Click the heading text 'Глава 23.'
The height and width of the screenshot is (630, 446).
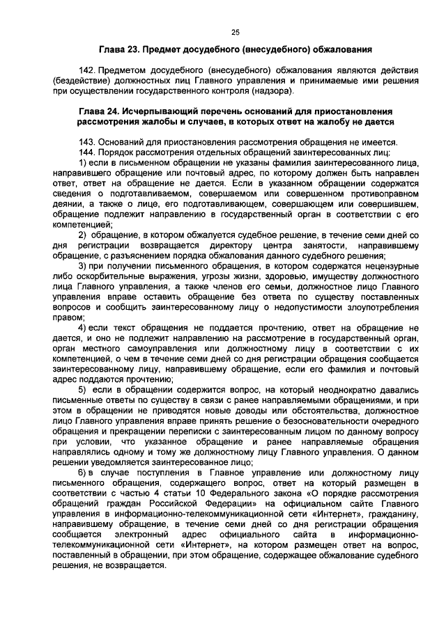(118, 49)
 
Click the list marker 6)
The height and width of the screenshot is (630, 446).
(83, 473)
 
